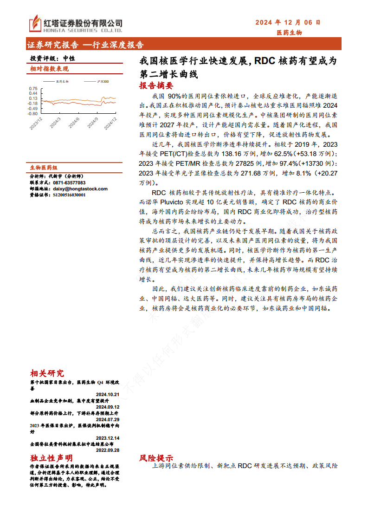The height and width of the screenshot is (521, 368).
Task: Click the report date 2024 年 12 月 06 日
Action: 288,22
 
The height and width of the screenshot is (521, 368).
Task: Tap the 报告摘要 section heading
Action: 156,85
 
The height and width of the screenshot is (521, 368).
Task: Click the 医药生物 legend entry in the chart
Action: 60,81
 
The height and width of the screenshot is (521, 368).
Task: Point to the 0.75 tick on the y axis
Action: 33,88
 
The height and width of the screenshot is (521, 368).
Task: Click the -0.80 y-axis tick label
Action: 32,113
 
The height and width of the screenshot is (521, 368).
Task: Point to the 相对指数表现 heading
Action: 49,69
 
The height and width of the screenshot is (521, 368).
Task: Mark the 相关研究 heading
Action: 47,373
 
